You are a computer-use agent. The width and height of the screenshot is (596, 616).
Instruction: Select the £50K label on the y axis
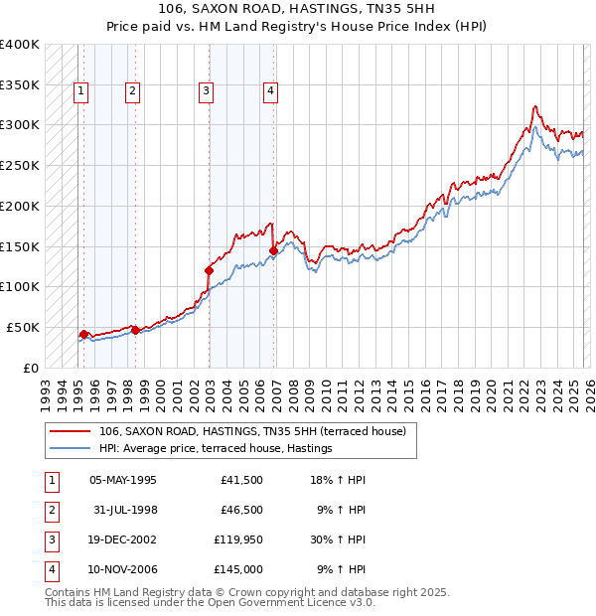pyautogui.click(x=23, y=327)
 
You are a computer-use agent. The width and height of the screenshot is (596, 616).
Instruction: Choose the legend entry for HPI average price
pyautogui.click(x=215, y=449)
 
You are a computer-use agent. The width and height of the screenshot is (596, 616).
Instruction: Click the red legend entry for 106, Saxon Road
pyautogui.click(x=252, y=431)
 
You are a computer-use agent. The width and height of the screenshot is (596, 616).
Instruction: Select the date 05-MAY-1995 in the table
pyautogui.click(x=123, y=480)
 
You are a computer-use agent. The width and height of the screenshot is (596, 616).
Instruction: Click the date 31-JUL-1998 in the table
pyautogui.click(x=124, y=510)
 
